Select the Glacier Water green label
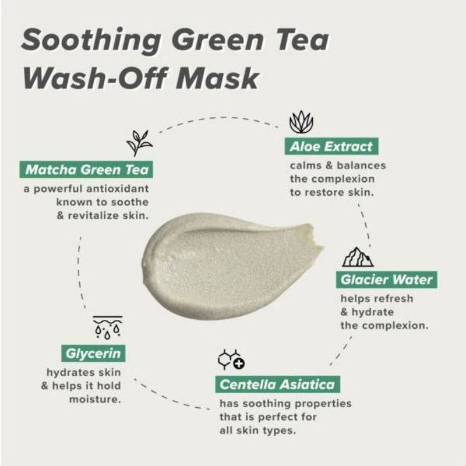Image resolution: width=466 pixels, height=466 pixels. (386, 280)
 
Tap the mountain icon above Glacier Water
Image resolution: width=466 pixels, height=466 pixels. (358, 257)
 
